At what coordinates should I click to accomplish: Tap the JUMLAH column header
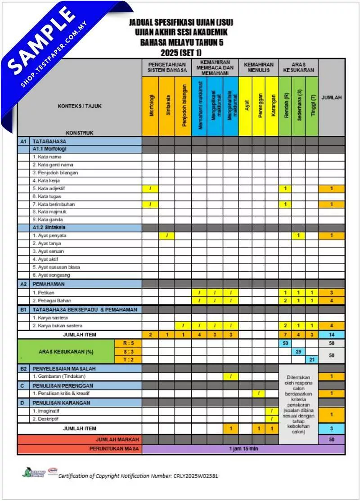pos(331,97)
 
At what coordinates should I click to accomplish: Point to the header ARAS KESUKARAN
pos(298,67)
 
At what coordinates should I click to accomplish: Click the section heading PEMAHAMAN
pos(49,284)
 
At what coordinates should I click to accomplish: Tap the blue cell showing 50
pos(285,343)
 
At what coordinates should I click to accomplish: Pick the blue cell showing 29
pos(298,351)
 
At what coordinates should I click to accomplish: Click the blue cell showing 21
pos(311,359)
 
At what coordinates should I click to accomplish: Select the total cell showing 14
pos(331,335)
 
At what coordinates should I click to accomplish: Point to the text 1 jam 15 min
pos(243,449)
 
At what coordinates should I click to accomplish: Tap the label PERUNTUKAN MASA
pos(114,449)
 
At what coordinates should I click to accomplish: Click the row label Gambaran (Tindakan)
pos(59,376)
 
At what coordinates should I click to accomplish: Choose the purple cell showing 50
pos(331,439)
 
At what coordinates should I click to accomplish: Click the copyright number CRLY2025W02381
pos(195,475)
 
